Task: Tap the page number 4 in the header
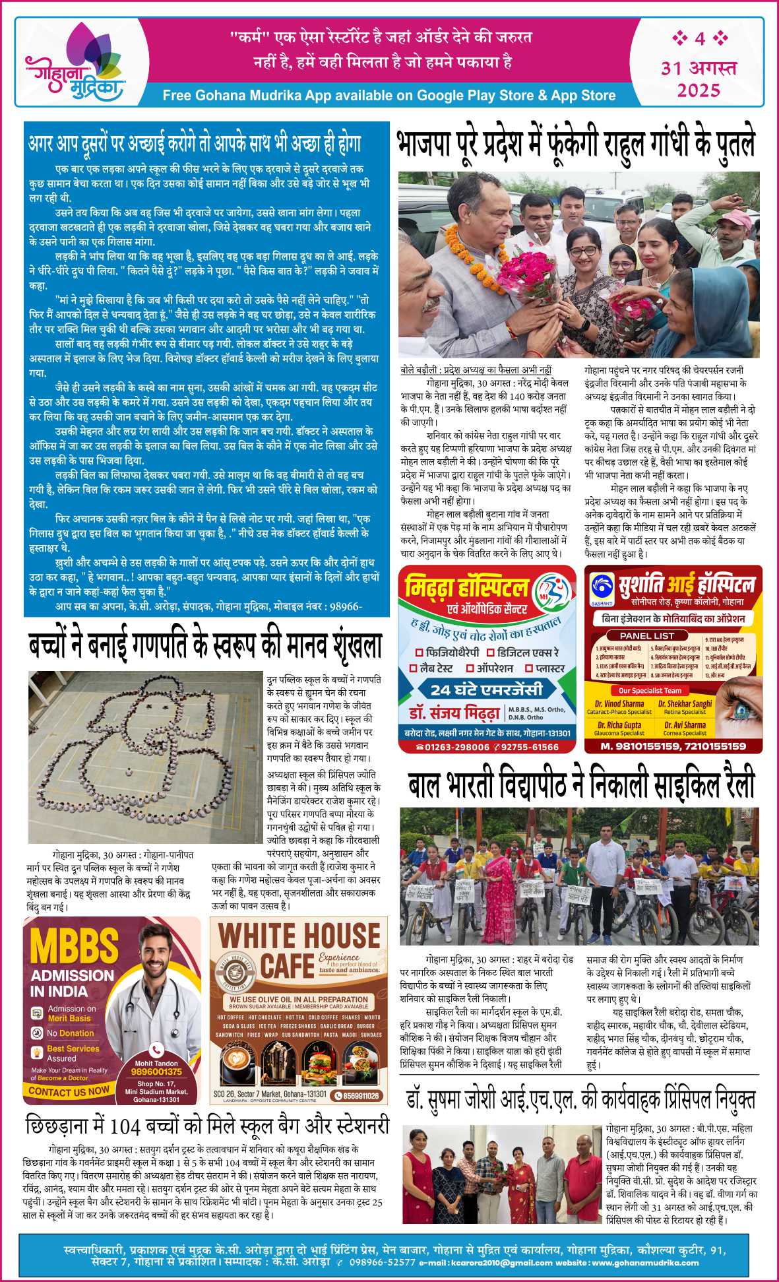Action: (699, 38)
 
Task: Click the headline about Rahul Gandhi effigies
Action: (576, 144)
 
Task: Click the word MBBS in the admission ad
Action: (74, 945)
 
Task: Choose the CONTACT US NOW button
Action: (69, 1092)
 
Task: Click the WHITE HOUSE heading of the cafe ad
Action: (299, 936)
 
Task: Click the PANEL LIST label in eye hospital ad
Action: (647, 635)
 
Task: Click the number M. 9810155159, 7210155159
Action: (673, 746)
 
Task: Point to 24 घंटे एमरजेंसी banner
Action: (487, 690)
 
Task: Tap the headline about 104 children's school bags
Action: (207, 1125)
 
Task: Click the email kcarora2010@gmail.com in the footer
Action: (502, 1263)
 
